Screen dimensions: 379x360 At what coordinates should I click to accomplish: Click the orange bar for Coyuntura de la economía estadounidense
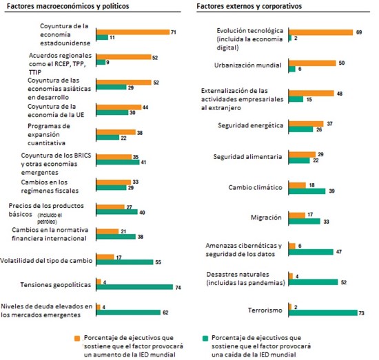(133, 32)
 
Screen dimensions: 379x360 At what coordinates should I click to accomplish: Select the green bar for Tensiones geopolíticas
(134, 287)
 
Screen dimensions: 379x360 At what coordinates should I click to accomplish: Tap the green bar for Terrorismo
(323, 313)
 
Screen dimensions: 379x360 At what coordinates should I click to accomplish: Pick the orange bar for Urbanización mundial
(312, 63)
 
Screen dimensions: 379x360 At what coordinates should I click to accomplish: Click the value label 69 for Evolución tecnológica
(359, 32)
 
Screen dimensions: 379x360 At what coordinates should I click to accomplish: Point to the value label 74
(178, 288)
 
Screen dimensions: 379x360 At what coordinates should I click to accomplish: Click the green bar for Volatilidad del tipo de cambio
(125, 262)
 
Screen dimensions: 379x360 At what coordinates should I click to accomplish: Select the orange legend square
(77, 338)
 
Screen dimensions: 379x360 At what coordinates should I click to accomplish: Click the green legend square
(205, 338)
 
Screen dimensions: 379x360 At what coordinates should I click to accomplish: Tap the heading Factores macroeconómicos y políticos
(68, 6)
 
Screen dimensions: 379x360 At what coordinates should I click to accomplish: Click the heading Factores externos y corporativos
(249, 6)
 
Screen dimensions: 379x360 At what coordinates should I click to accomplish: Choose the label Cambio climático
(255, 188)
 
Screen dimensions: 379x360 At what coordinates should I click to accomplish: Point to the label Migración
(266, 218)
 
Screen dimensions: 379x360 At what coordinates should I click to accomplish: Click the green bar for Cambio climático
(307, 191)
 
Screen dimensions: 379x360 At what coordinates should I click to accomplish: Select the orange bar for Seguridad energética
(306, 124)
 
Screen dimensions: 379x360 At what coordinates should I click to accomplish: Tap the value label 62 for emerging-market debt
(165, 313)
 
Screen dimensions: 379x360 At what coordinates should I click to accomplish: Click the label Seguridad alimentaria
(247, 157)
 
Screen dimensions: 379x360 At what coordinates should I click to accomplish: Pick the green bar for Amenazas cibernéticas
(311, 252)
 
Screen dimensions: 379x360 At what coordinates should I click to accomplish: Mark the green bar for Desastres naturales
(313, 282)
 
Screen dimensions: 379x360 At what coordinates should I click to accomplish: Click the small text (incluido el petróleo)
(50, 218)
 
